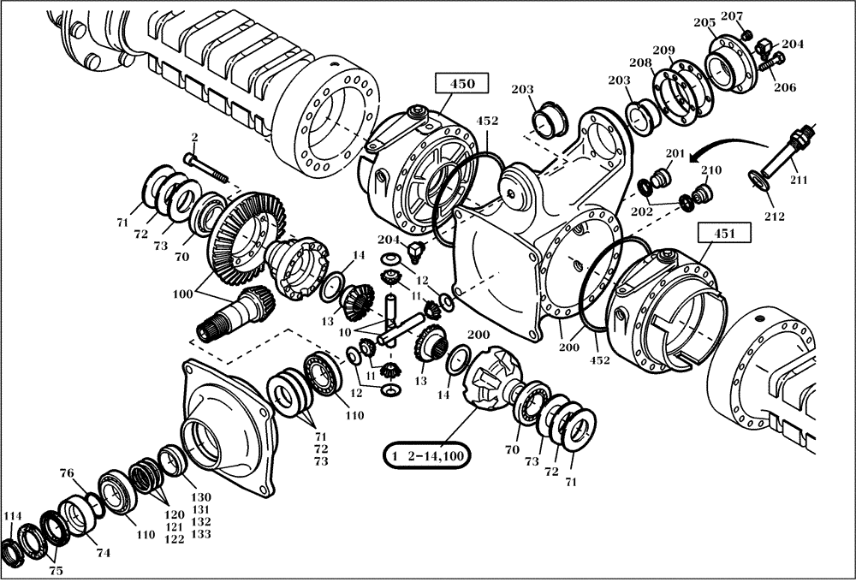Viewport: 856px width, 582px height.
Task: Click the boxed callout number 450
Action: pyautogui.click(x=461, y=84)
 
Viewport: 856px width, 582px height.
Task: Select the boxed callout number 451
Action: pyautogui.click(x=723, y=233)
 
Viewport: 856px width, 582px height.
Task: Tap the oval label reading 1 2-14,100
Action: pyautogui.click(x=425, y=456)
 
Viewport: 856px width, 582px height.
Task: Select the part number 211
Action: pyautogui.click(x=798, y=180)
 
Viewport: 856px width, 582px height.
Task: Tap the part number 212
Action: pyautogui.click(x=773, y=217)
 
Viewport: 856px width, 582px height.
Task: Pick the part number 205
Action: pyautogui.click(x=704, y=22)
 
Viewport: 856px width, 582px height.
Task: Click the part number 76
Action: pyautogui.click(x=67, y=472)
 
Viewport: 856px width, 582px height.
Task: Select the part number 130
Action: pyautogui.click(x=200, y=497)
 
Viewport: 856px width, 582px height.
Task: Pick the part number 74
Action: pyautogui.click(x=103, y=553)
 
